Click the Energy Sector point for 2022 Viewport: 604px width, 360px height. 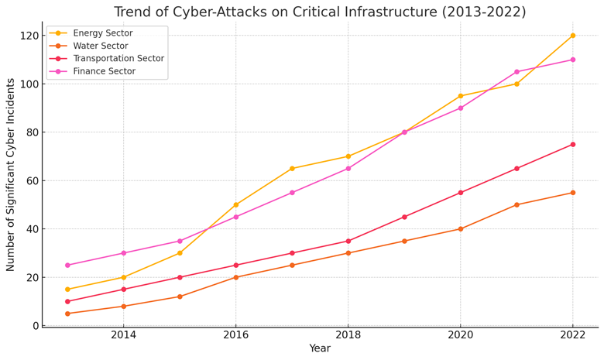[573, 36]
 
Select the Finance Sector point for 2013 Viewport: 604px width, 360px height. [67, 266]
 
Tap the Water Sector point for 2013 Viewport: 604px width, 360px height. [67, 314]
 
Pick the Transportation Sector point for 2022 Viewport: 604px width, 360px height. [573, 145]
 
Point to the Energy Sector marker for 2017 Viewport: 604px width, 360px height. [292, 169]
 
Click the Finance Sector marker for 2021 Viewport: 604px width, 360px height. [516, 72]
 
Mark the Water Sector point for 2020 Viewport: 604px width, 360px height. [461, 229]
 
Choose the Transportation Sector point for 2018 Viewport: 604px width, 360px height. [348, 242]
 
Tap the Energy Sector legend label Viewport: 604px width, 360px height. [102, 33]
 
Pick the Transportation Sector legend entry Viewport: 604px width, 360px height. [118, 59]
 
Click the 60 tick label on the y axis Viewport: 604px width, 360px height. [33, 181]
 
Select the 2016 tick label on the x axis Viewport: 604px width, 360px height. [236, 334]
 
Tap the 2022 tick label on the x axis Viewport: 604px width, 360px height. [573, 334]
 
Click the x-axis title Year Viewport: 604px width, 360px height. [320, 349]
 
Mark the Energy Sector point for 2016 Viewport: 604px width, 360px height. [236, 205]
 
